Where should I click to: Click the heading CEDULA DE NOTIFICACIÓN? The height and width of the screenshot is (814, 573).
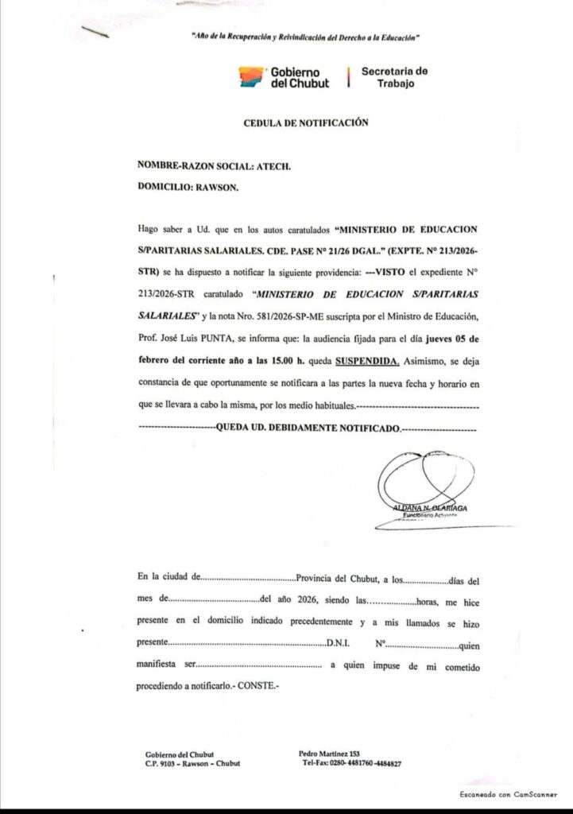click(x=306, y=123)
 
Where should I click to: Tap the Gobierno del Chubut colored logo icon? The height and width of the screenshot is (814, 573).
click(x=251, y=77)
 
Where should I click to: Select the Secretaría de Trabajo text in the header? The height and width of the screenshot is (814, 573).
click(x=394, y=77)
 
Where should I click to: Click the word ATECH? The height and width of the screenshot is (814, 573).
click(x=274, y=166)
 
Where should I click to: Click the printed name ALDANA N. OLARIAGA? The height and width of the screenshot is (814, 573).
click(x=430, y=507)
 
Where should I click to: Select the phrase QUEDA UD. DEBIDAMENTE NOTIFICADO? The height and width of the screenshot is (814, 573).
click(x=308, y=428)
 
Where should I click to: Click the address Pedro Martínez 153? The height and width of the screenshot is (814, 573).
click(x=330, y=754)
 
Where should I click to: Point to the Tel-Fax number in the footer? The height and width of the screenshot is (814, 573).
click(x=351, y=764)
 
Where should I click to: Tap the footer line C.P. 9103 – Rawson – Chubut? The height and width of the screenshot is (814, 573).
click(x=192, y=764)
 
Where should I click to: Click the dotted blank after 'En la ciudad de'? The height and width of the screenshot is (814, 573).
click(x=249, y=578)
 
